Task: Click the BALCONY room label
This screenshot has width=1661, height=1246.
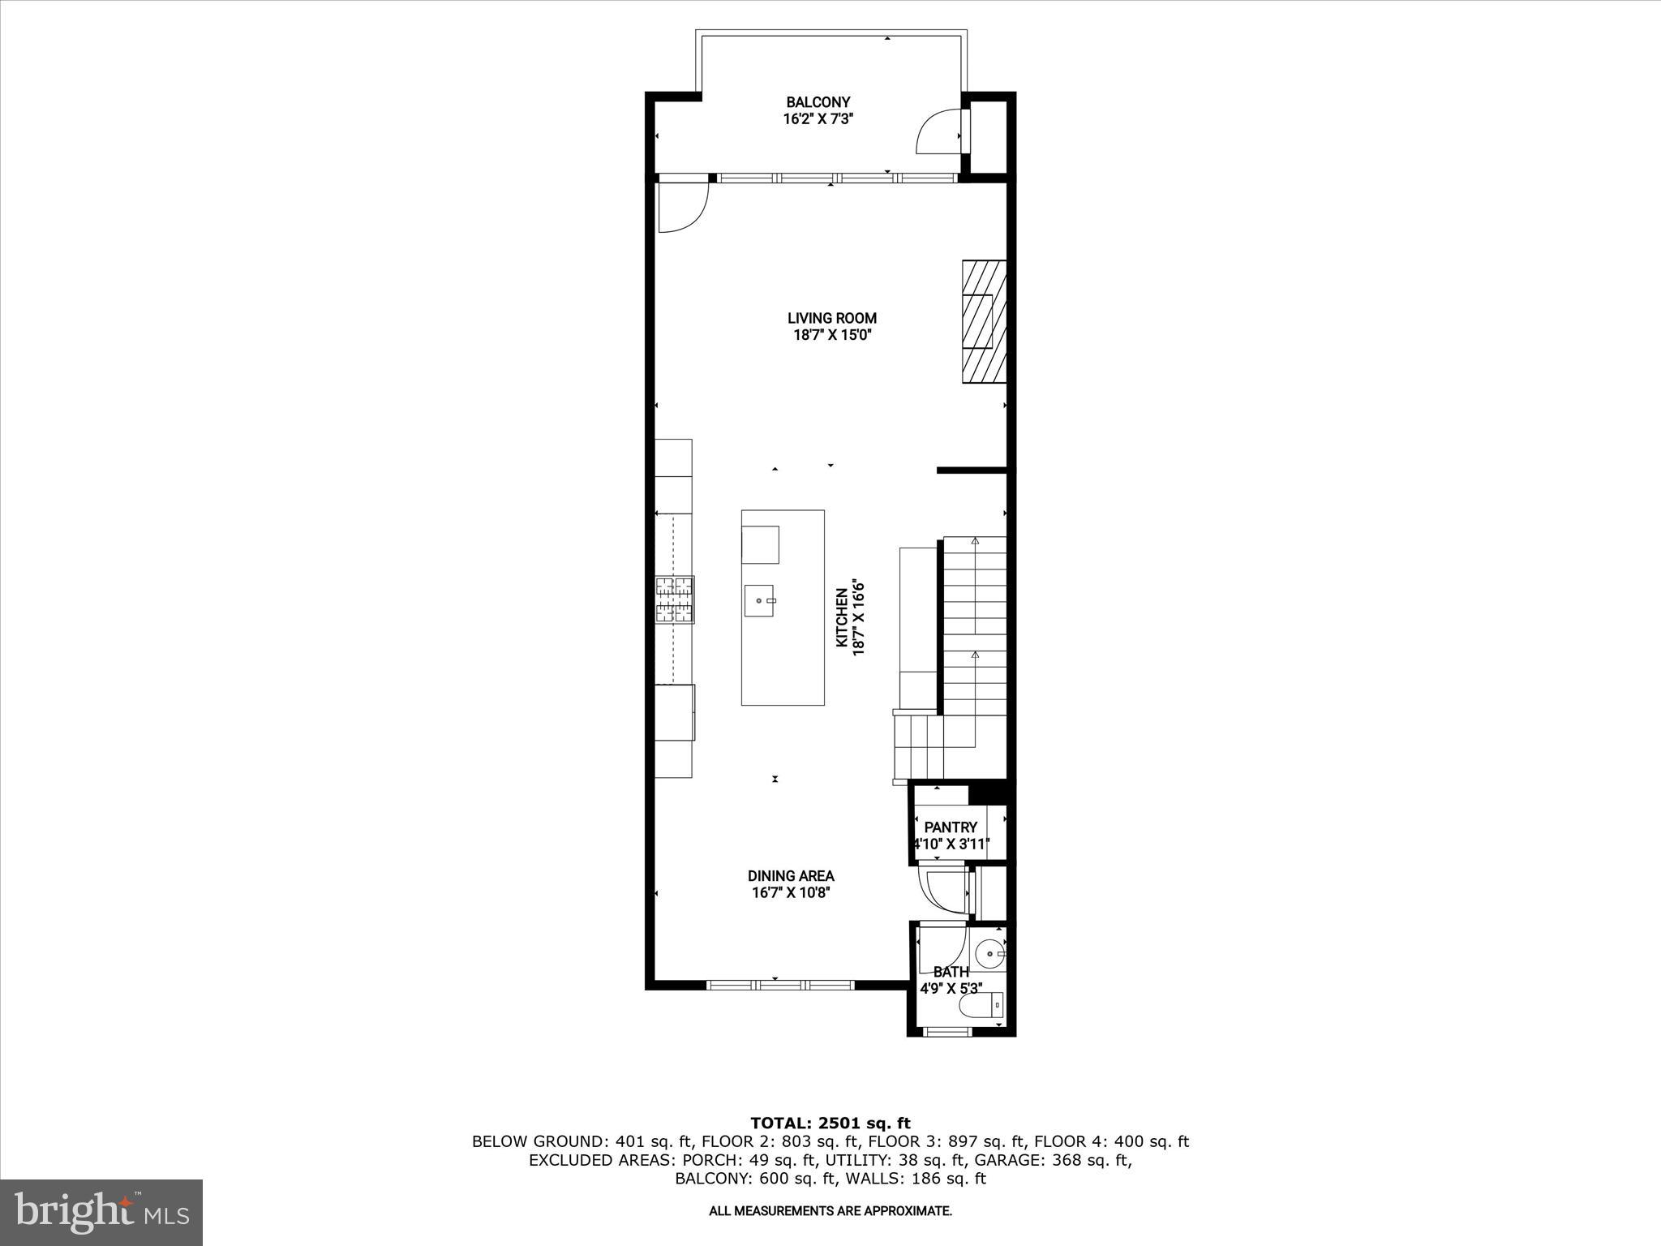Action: (x=818, y=102)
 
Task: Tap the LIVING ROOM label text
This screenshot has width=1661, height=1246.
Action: (x=832, y=318)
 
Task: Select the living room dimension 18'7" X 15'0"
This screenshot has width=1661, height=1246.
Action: (x=832, y=334)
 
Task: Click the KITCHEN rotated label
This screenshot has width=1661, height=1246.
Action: (x=842, y=618)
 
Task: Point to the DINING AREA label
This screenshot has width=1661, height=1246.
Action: (x=791, y=876)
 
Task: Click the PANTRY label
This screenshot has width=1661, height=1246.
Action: (x=951, y=827)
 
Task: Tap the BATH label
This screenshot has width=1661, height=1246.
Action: (x=951, y=972)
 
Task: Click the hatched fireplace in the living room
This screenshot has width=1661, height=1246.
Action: (x=984, y=321)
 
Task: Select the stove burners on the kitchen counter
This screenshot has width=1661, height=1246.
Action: (x=675, y=599)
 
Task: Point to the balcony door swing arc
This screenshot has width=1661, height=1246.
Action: (x=936, y=132)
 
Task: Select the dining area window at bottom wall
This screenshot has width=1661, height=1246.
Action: (x=779, y=985)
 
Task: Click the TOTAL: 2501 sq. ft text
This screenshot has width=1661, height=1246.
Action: (x=830, y=1124)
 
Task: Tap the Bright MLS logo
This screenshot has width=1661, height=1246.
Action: (x=101, y=1212)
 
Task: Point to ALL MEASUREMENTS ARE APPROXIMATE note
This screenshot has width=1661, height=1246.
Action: (x=830, y=1211)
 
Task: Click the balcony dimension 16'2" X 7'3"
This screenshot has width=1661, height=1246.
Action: (x=818, y=119)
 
